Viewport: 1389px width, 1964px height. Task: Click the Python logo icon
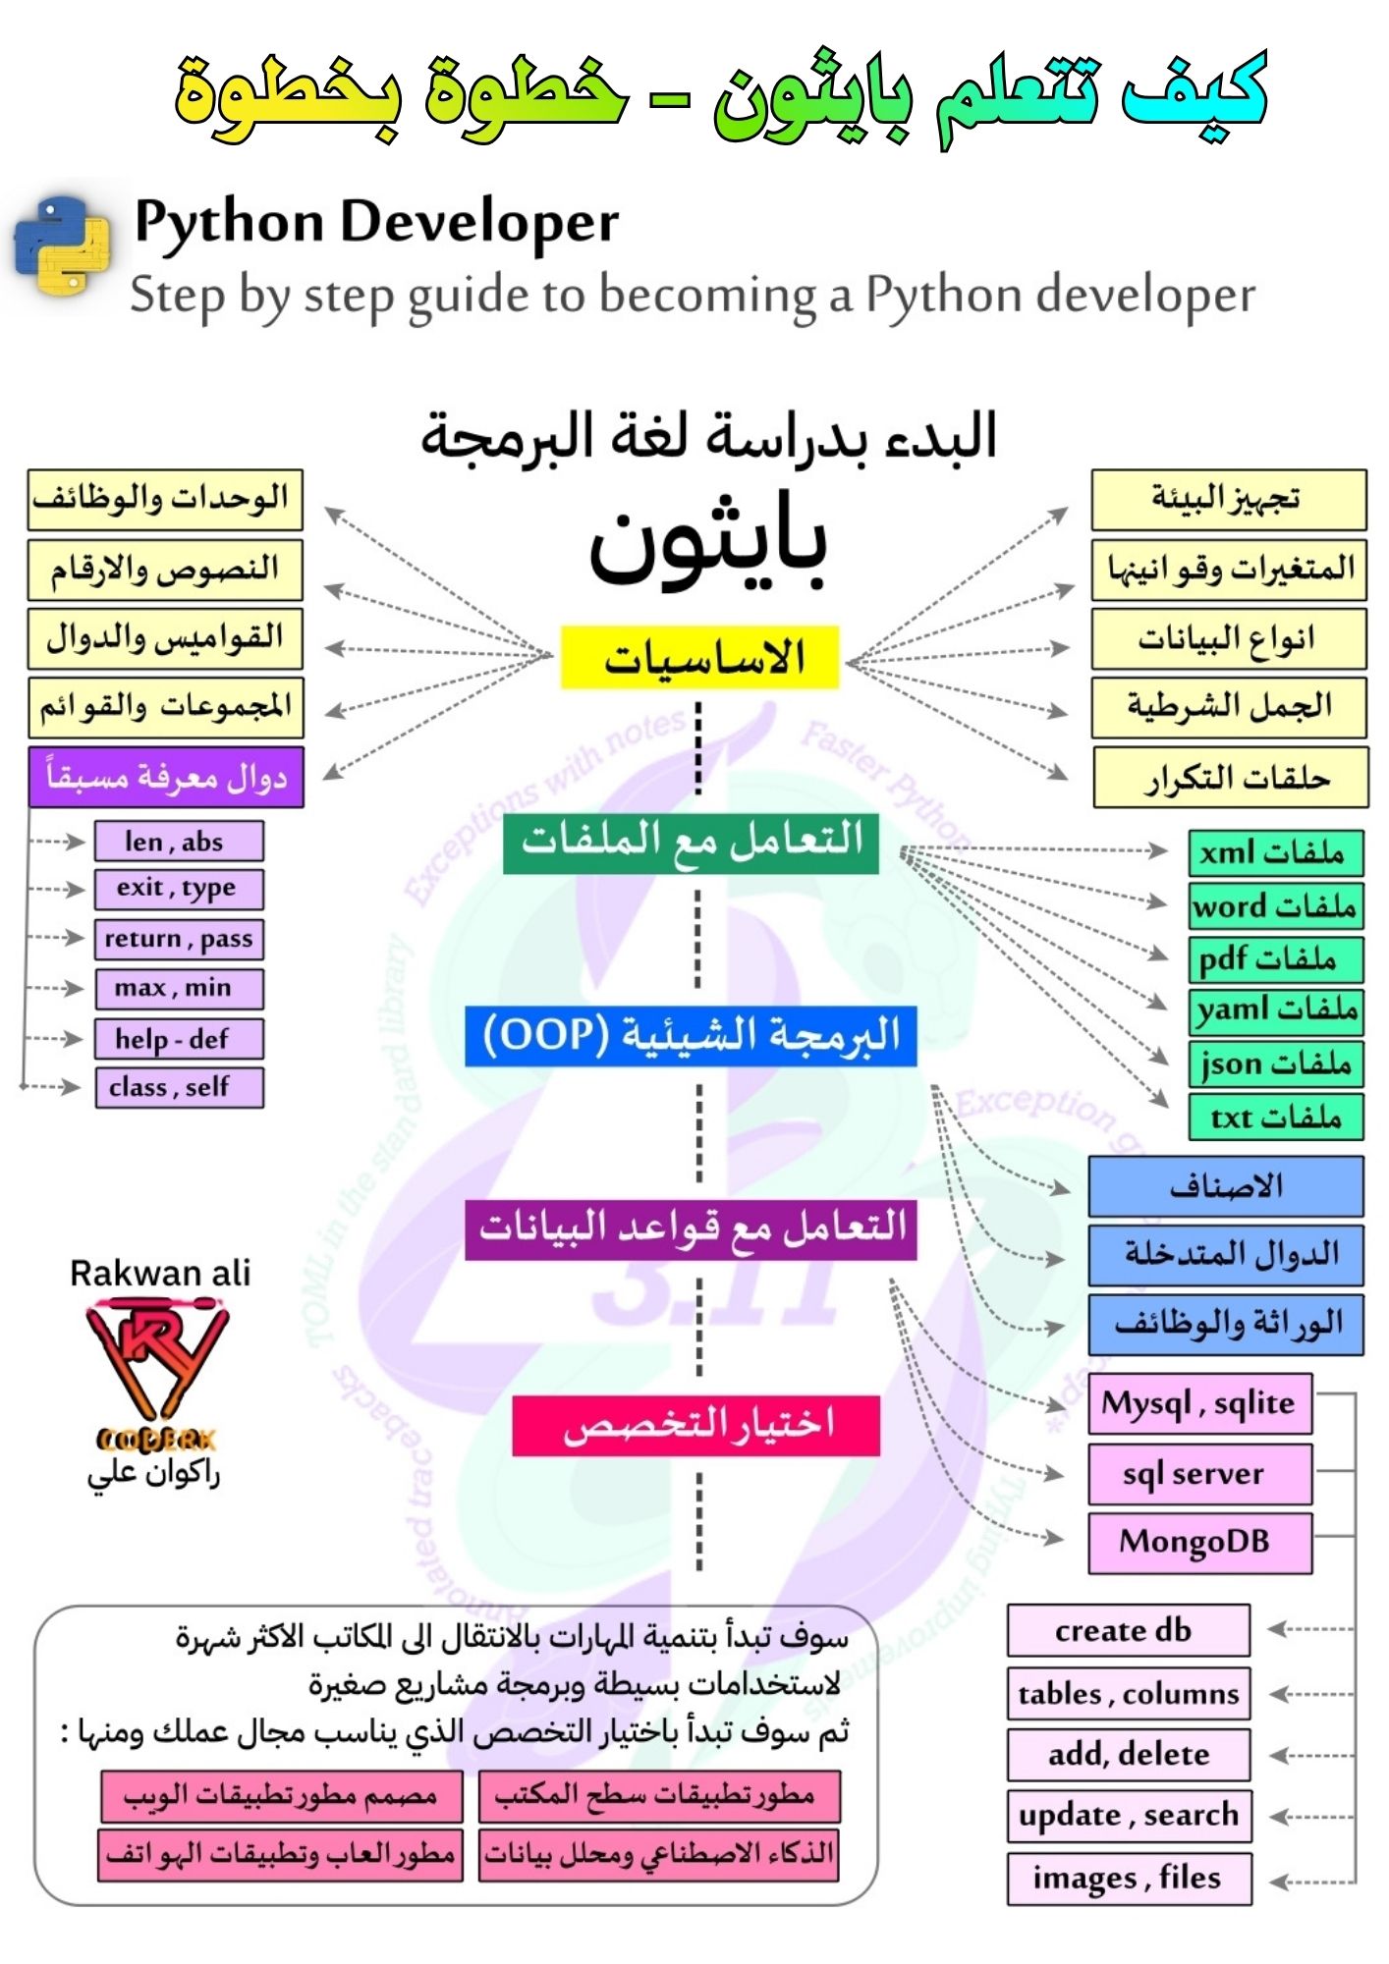pyautogui.click(x=62, y=245)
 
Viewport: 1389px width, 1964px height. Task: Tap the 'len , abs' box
pyautogui.click(x=179, y=842)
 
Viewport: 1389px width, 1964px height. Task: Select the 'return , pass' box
pyautogui.click(x=179, y=939)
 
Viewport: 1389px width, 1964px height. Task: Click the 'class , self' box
pyautogui.click(x=179, y=1087)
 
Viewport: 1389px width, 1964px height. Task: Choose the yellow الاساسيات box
pyautogui.click(x=699, y=657)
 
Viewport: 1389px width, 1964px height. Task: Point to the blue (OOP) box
pyautogui.click(x=691, y=1035)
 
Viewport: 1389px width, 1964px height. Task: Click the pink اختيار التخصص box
pyautogui.click(x=695, y=1425)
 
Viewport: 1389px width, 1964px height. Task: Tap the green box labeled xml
pyautogui.click(x=1275, y=852)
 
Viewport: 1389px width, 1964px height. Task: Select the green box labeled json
pyautogui.click(x=1275, y=1064)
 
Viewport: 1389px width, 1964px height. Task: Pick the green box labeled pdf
pyautogui.click(x=1275, y=958)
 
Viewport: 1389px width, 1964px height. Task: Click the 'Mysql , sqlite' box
pyautogui.click(x=1199, y=1403)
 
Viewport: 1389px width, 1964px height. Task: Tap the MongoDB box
pyautogui.click(x=1199, y=1543)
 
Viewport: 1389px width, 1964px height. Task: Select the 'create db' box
pyautogui.click(x=1128, y=1631)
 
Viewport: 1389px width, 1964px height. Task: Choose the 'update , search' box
pyautogui.click(x=1128, y=1816)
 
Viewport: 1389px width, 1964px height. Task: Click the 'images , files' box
pyautogui.click(x=1129, y=1879)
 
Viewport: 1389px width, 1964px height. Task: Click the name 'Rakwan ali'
pyautogui.click(x=160, y=1274)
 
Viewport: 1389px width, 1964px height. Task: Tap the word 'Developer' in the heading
pyautogui.click(x=479, y=222)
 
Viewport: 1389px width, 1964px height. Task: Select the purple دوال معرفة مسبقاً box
pyautogui.click(x=166, y=778)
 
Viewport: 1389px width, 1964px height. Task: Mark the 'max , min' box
pyautogui.click(x=179, y=988)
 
